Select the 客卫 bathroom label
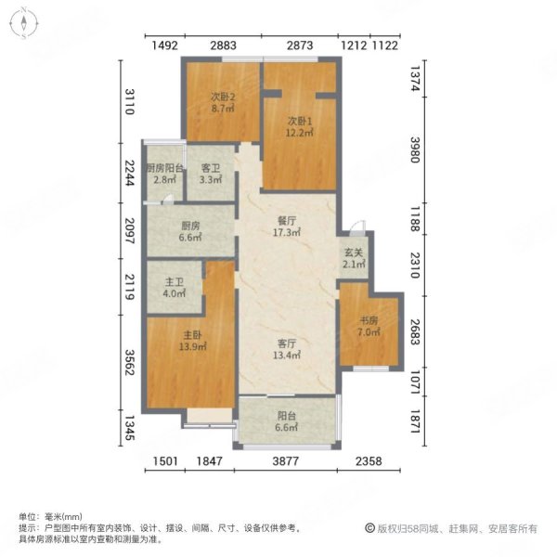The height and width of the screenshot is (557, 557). (212, 174)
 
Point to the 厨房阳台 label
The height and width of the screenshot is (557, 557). (162, 174)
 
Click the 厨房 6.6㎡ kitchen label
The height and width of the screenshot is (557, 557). (190, 231)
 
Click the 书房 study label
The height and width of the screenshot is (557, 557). (370, 326)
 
